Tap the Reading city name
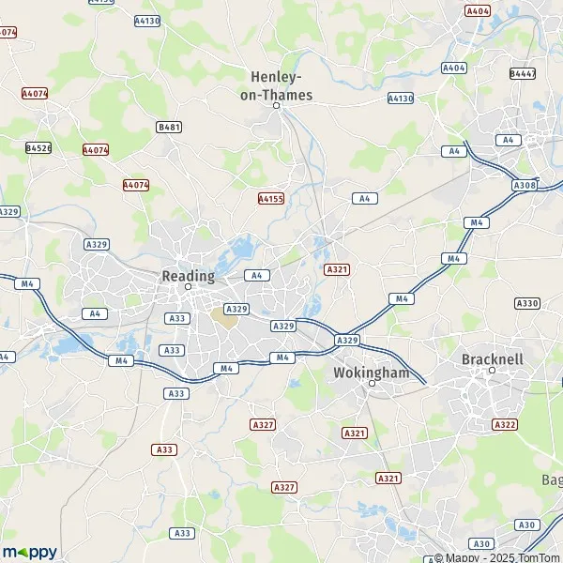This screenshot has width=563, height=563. point(188,276)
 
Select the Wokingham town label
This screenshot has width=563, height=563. point(372,373)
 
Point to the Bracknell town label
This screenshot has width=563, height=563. point(492,359)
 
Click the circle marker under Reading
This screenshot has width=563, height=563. point(188,286)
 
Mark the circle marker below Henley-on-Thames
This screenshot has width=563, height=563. point(277,105)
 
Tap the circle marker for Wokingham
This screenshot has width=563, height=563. point(372,383)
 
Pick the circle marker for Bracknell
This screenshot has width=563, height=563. point(491,370)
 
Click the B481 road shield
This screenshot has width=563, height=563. point(168,126)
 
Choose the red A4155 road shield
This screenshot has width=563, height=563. point(270,198)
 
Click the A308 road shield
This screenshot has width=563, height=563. point(525,186)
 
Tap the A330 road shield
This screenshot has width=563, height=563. point(527,303)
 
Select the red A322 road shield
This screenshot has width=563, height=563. point(504,424)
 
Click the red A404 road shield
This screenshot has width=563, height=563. point(478,10)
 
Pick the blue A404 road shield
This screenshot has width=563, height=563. point(454,68)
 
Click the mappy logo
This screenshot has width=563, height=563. point(30,552)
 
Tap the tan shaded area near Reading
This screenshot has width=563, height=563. point(225,316)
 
